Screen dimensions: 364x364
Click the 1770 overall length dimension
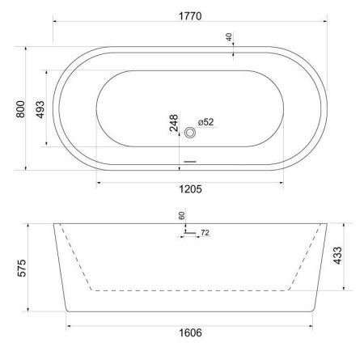click(192, 15)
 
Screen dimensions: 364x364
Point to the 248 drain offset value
click(174, 124)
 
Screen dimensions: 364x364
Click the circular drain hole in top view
click(191, 131)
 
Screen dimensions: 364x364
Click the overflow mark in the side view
click(187, 233)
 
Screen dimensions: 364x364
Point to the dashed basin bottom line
click(190, 289)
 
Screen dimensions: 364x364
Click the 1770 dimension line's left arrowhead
click(55, 23)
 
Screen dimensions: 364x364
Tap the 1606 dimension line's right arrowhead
click(313, 325)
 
